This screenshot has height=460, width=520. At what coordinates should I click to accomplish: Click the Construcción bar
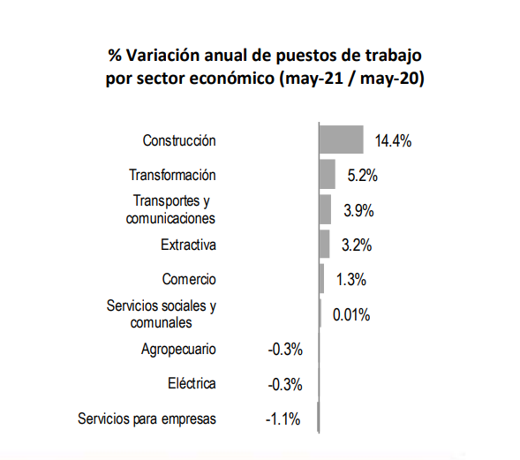342,140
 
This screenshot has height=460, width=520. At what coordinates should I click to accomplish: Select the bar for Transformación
328,174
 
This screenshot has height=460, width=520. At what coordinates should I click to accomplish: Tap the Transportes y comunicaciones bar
326,209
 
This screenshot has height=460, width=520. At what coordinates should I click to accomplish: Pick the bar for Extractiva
325,244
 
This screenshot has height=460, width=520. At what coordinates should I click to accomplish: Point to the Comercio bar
321,279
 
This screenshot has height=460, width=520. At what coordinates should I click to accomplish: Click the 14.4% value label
393,140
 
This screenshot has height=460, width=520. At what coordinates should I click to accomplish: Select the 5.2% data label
362,176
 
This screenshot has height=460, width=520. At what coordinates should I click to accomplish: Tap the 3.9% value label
358,211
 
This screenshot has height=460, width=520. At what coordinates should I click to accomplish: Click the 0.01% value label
351,314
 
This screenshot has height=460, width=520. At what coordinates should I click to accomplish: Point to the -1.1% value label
283,419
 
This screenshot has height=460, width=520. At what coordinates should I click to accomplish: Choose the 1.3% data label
351,279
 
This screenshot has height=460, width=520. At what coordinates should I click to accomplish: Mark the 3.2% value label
357,245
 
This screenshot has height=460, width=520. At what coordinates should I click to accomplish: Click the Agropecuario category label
178,350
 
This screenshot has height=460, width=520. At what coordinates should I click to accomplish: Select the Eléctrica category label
192,383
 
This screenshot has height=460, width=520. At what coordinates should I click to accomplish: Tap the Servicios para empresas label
147,419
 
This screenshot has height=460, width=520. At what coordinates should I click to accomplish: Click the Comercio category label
189,279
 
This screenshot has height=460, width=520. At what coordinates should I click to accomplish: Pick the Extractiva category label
188,245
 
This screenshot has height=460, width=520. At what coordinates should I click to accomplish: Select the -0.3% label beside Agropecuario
285,350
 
